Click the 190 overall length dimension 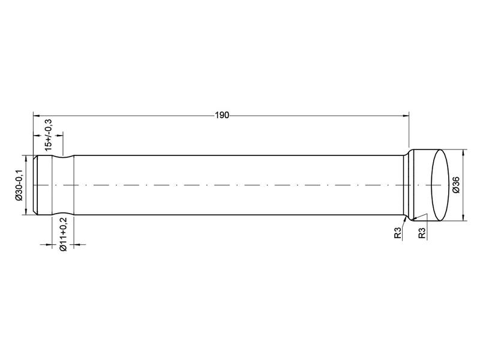point(222,115)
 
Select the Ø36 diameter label point(456,185)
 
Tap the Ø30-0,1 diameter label point(19,185)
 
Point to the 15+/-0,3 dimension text point(49,134)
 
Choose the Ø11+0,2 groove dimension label point(63,234)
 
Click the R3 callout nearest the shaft point(397,233)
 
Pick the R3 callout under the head point(422,233)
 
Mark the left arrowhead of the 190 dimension point(37,116)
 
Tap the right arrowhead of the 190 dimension point(406,116)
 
